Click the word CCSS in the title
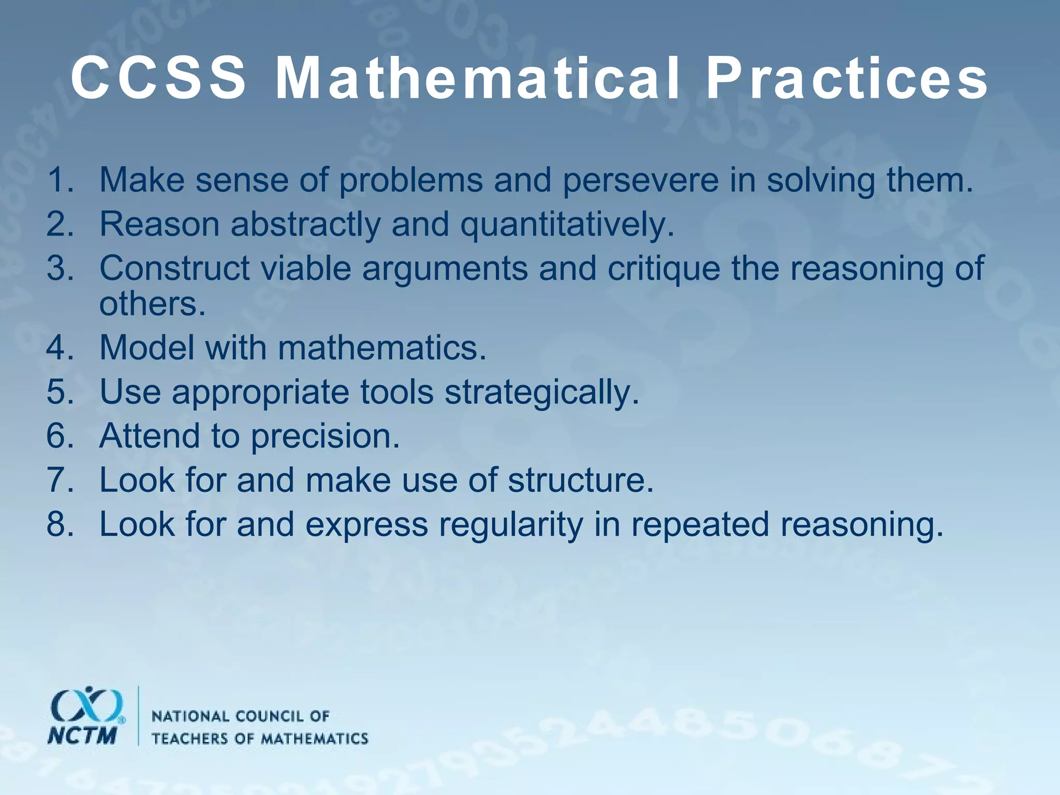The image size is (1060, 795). pos(158,79)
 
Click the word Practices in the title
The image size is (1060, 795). pos(847,79)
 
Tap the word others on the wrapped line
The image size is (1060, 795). pos(152,304)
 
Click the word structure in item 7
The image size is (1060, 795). pos(581,480)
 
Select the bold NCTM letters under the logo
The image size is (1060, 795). pos(82,735)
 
